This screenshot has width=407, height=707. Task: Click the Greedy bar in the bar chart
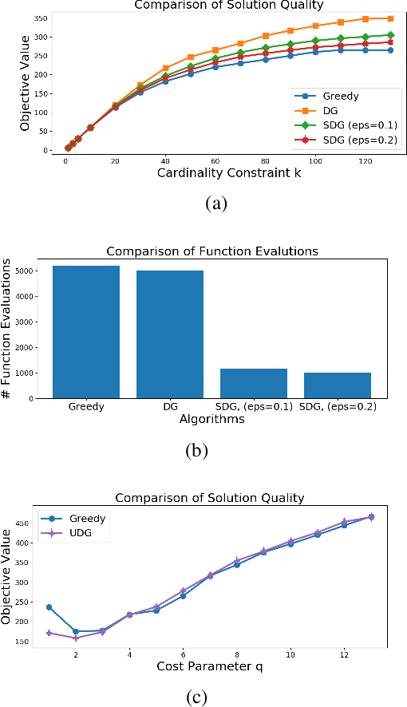(86, 332)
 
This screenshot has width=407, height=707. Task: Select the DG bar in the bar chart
(170, 334)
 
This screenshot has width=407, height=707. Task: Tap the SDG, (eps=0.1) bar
(254, 383)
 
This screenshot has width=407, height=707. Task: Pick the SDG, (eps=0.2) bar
(338, 385)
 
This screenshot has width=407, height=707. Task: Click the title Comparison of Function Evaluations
(211, 251)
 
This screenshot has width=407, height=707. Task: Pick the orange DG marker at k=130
(391, 18)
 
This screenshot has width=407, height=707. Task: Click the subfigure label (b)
(196, 450)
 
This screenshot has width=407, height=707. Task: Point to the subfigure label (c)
(196, 697)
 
